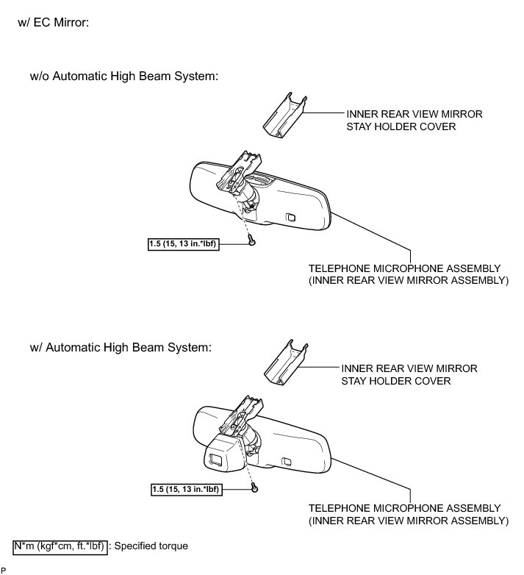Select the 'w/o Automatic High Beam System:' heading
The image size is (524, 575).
click(124, 76)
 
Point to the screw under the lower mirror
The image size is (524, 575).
click(254, 486)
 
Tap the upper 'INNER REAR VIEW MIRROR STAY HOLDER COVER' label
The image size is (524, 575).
click(414, 120)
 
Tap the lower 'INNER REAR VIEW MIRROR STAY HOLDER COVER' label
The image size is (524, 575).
click(409, 374)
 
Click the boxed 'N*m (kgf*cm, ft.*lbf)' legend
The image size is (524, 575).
click(61, 546)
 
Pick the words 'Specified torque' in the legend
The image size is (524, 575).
click(152, 546)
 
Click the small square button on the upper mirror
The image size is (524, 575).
click(290, 218)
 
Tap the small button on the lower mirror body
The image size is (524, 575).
click(287, 462)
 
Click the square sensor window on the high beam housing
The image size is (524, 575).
click(218, 460)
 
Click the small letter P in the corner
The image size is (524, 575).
click(4, 570)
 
